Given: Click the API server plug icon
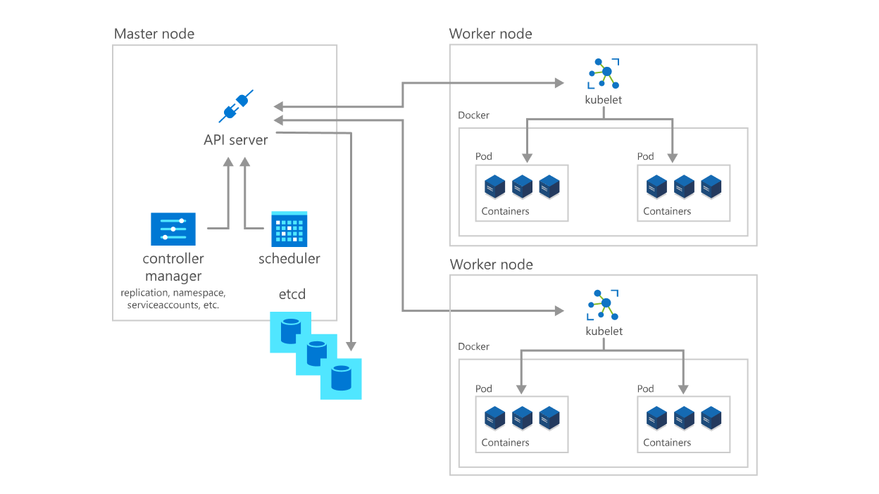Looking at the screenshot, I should (x=236, y=107).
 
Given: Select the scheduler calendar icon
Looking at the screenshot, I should (x=289, y=229).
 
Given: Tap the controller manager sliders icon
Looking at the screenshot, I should (x=173, y=229).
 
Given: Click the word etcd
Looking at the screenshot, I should (x=292, y=294).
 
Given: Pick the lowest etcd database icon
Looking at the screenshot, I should (x=341, y=379).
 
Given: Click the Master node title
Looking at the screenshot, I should (x=154, y=34).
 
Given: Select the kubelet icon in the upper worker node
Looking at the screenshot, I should (x=604, y=73).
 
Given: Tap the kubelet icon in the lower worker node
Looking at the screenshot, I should (x=604, y=305).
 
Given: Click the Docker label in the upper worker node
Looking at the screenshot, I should (x=473, y=115).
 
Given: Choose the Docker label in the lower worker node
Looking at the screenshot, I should (x=473, y=347).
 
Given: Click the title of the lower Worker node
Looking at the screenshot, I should (x=490, y=265).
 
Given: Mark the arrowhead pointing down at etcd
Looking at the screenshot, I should (x=351, y=346).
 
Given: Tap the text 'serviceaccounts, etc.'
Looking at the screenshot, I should (x=173, y=305).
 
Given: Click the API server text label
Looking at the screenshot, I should (x=236, y=140).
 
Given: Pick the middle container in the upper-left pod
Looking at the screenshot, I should (x=522, y=187).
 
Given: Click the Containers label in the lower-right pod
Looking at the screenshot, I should (x=667, y=443).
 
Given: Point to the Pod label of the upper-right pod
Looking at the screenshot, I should (x=645, y=156).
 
